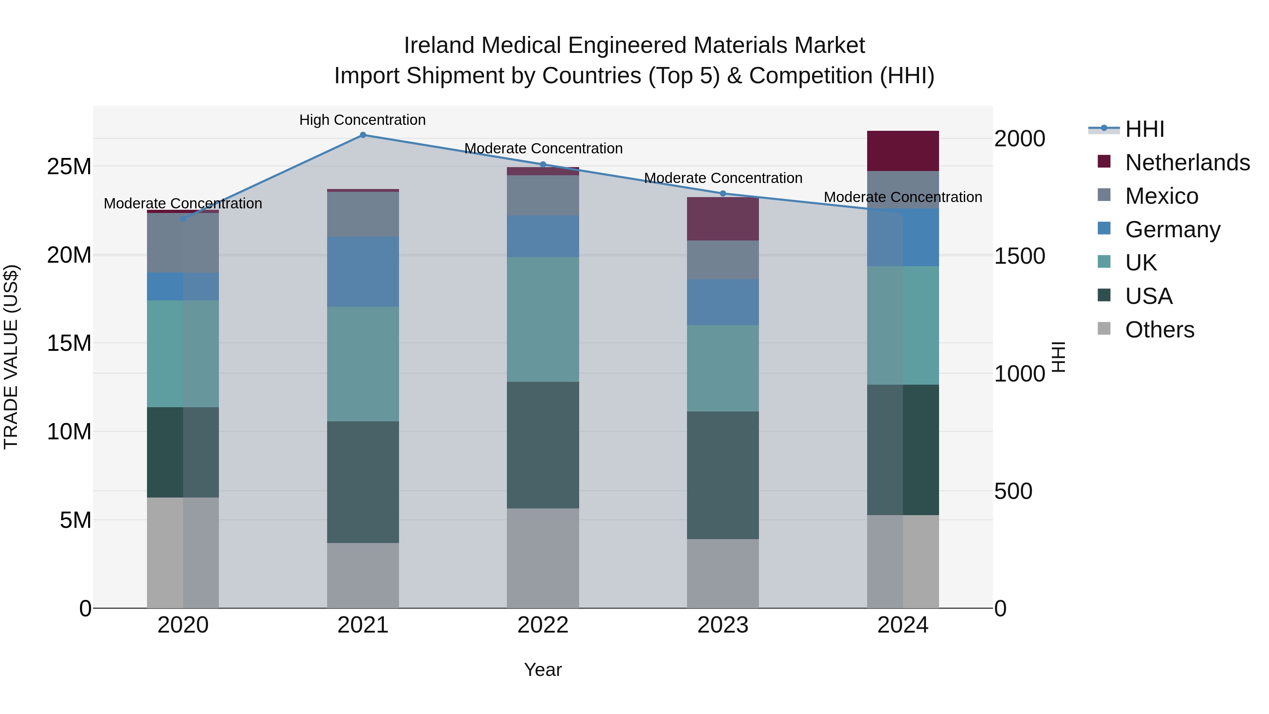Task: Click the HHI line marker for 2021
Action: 363,135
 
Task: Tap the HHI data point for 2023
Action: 723,194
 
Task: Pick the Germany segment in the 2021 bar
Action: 363,272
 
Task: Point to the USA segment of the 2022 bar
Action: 543,445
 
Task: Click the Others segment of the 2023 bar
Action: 723,574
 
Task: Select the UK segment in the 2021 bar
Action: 363,364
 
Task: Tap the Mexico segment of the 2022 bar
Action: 543,195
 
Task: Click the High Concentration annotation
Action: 363,120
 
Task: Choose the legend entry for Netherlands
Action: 1187,163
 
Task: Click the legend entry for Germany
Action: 1172,230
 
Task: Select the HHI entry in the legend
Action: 1144,129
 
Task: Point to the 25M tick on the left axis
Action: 69,166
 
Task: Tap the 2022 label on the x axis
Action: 543,625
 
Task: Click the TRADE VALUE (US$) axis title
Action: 11,357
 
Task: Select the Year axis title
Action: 543,670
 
